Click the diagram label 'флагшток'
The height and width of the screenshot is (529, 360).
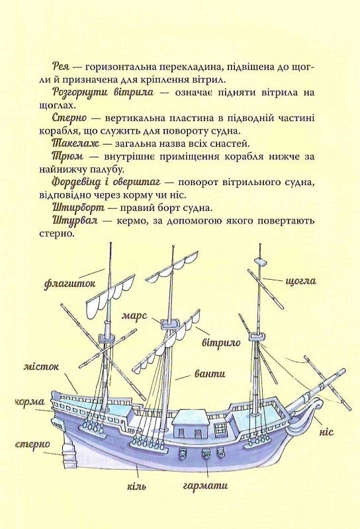tap(69, 284)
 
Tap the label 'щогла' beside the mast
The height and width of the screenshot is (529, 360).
tap(301, 281)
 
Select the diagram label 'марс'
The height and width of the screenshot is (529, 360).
tap(135, 316)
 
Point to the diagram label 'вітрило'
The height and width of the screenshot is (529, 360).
tap(221, 343)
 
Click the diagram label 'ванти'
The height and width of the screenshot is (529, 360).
tap(210, 374)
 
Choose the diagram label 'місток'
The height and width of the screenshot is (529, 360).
tap(41, 366)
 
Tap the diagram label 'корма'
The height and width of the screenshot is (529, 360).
tap(30, 402)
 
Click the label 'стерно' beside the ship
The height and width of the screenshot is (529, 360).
tap(32, 444)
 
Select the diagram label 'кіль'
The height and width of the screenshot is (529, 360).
tap(137, 486)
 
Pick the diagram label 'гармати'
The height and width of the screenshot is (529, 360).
tap(205, 485)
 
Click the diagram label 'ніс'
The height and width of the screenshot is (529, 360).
tap(326, 432)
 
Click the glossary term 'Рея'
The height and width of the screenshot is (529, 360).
tap(61, 66)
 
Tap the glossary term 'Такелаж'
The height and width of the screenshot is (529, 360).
tap(75, 143)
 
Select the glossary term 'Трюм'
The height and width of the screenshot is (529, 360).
tap(67, 157)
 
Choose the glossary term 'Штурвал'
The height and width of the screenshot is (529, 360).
tap(75, 221)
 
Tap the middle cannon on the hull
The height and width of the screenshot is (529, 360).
tap(206, 454)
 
